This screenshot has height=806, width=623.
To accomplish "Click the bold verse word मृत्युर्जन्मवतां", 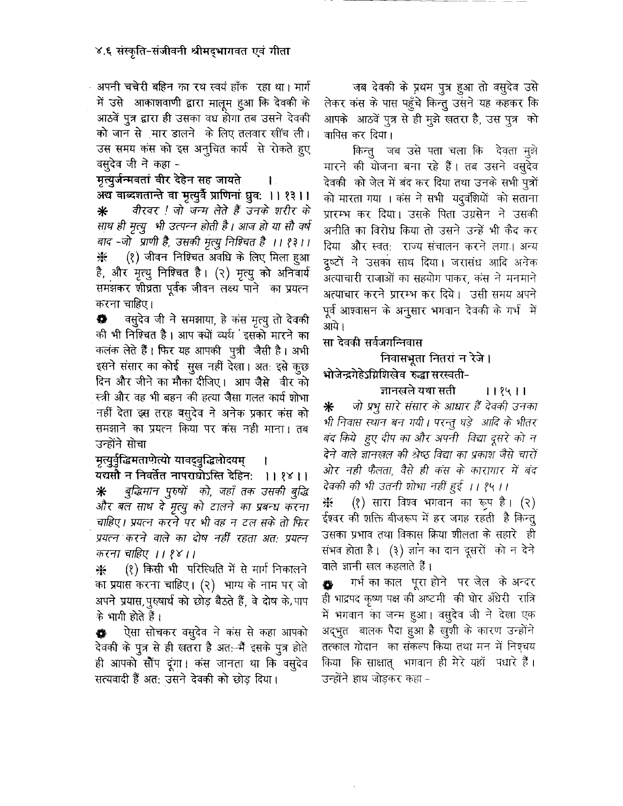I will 127,180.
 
